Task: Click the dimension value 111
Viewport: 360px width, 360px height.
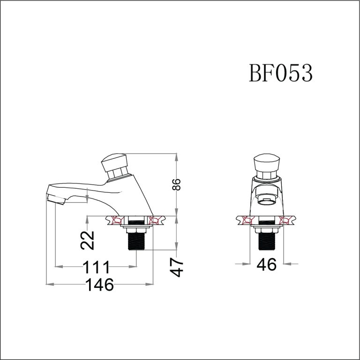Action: pos(97,267)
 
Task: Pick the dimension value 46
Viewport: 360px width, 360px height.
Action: pos(267,264)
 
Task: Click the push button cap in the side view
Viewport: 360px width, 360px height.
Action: pos(115,162)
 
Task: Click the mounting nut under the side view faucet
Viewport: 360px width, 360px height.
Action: pos(136,229)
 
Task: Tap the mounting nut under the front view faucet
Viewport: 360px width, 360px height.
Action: pos(267,229)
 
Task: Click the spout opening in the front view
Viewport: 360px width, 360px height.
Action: pos(267,201)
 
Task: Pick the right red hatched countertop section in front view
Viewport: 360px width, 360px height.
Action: pos(287,220)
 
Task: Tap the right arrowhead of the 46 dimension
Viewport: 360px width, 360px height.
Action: pos(287,264)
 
